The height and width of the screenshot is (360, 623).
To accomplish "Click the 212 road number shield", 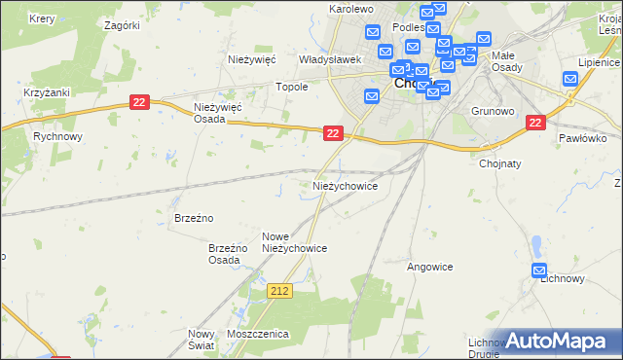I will point(279,291).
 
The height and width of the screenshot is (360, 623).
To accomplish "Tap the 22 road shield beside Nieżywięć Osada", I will point(139,102).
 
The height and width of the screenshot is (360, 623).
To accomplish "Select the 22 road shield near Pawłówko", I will point(534,123).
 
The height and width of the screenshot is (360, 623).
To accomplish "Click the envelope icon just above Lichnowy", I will point(540,271).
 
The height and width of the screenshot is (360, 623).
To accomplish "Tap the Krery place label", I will point(41,19).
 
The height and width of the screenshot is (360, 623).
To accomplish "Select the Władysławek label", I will point(330,59).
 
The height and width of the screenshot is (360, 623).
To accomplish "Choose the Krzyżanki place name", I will point(44,92).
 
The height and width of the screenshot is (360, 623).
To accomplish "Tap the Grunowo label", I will point(492,111).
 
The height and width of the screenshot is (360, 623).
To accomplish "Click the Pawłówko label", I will point(583,138).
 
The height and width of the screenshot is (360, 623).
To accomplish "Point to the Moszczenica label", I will point(258,334).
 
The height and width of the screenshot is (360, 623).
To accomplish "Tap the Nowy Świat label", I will point(201,340).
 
